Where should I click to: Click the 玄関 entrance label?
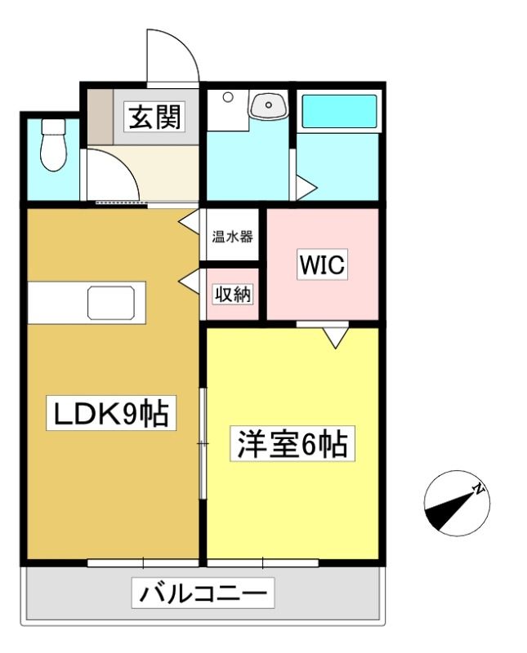pyautogui.click(x=155, y=117)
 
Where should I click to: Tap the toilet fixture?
pyautogui.click(x=53, y=144)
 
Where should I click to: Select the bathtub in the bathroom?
pyautogui.click(x=339, y=111)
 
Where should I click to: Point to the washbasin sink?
pyautogui.click(x=268, y=105)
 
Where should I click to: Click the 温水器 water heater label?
pyautogui.click(x=232, y=237)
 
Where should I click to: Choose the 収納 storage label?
pyautogui.click(x=233, y=295)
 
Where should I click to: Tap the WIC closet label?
pyautogui.click(x=322, y=264)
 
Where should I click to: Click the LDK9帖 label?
pyautogui.click(x=111, y=413)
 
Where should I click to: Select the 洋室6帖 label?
pyautogui.click(x=293, y=443)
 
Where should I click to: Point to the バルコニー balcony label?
pyautogui.click(x=203, y=593)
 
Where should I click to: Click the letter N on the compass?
pyautogui.click(x=479, y=488)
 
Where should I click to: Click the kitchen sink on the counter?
pyautogui.click(x=111, y=303)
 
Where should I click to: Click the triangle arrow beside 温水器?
pyautogui.click(x=189, y=222)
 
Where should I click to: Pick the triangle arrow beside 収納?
pyautogui.click(x=189, y=282)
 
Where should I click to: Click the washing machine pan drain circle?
pyautogui.click(x=228, y=97)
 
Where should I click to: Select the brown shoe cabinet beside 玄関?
pyautogui.click(x=100, y=116)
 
